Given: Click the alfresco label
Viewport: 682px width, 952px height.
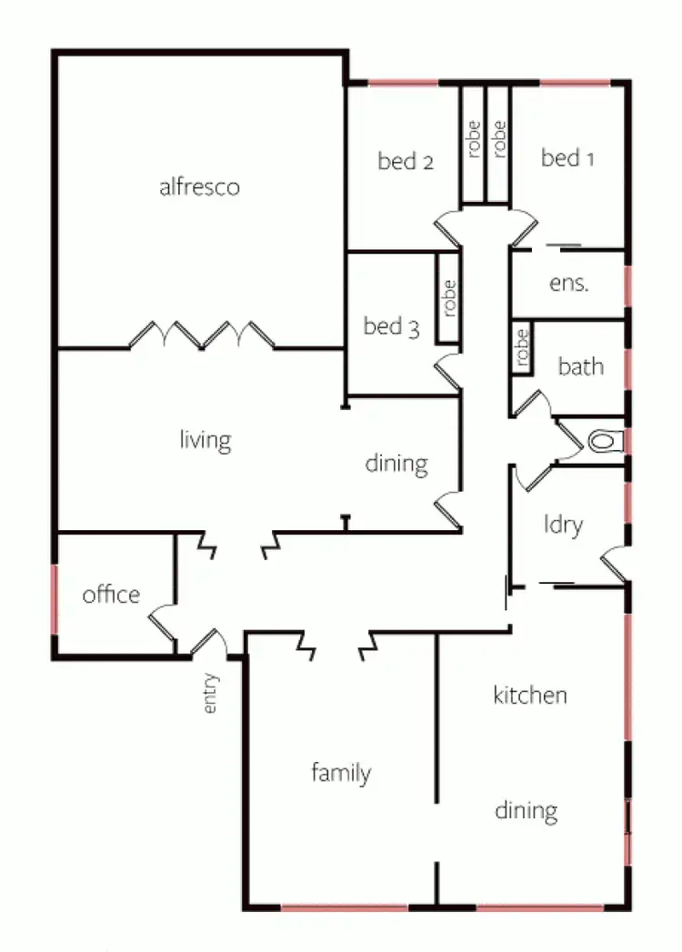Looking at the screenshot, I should point(199,187).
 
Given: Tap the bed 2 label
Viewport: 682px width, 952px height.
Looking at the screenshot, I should point(405,162).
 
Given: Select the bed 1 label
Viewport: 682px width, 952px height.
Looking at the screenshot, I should point(567,158).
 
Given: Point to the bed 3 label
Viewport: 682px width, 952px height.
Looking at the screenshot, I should point(391,326).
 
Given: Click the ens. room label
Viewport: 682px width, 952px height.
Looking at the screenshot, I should point(569,282).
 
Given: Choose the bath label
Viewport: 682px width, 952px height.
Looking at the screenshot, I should point(580,366).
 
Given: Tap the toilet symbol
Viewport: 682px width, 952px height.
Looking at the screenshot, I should point(603,442).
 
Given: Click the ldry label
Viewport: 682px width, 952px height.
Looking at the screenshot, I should point(563,525).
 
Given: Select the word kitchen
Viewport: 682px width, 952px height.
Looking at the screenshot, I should point(530,696).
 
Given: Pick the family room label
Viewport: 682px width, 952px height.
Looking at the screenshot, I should point(341,774).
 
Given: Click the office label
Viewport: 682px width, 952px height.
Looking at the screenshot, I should point(111,595).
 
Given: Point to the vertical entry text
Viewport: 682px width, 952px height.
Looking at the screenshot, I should point(211,693).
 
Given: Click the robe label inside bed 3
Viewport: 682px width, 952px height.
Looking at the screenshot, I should point(448,297).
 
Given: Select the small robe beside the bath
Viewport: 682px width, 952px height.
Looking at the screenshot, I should point(521,346).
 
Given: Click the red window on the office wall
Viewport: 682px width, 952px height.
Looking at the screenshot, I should point(55,599).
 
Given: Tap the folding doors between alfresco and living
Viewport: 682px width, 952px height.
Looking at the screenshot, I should point(202,335).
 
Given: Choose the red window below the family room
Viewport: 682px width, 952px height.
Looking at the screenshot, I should point(344,907).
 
